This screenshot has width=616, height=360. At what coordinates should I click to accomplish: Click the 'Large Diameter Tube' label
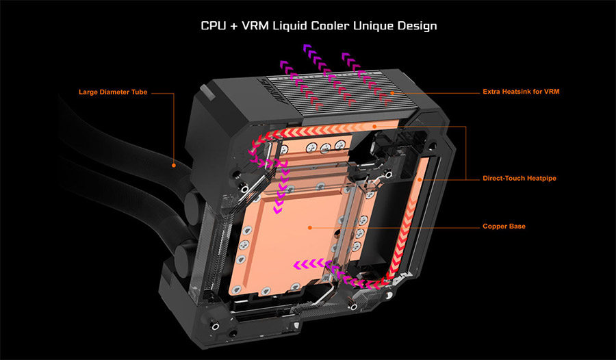(x=113, y=92)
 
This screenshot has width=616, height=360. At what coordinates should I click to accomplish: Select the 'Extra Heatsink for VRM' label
(x=521, y=92)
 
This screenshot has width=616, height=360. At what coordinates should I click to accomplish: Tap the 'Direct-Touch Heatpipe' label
(x=519, y=179)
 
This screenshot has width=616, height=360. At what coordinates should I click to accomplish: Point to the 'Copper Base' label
(x=504, y=227)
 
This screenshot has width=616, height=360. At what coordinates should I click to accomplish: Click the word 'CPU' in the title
(x=214, y=26)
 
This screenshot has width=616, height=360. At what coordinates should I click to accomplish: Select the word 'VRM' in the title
(x=256, y=26)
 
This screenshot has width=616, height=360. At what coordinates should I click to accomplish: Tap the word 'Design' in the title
(x=418, y=26)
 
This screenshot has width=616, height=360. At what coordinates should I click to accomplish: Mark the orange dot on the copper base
(x=309, y=227)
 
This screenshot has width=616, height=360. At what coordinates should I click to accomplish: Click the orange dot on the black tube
(x=174, y=166)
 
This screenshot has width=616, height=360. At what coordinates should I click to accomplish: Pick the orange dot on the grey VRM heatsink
(x=392, y=93)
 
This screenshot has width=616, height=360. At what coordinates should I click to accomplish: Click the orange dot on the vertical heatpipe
(x=420, y=179)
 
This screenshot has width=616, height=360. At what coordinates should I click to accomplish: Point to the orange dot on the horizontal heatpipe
(x=374, y=127)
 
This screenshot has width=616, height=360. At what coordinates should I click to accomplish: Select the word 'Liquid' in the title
(x=290, y=26)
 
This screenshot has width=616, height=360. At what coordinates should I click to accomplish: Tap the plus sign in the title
(x=234, y=26)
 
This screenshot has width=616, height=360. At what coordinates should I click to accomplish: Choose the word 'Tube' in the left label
(x=140, y=92)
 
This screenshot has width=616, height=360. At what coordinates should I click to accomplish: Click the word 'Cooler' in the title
(x=331, y=26)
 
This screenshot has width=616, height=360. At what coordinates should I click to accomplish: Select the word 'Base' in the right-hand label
(x=517, y=227)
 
